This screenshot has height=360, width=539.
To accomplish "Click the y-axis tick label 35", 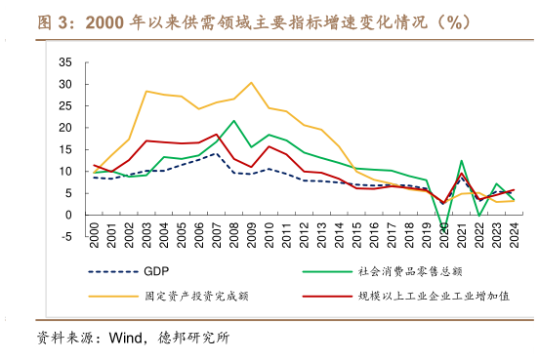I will click(x=65, y=61).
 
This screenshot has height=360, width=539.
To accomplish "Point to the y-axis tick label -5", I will click(x=65, y=236).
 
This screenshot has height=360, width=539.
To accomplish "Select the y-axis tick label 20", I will click(x=65, y=127).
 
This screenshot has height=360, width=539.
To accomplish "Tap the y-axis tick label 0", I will click(x=68, y=215).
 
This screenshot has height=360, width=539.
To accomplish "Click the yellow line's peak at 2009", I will click(x=252, y=83).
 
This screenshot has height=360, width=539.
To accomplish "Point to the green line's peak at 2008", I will click(x=234, y=121).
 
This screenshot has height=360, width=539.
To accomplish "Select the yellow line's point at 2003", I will click(x=146, y=92).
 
